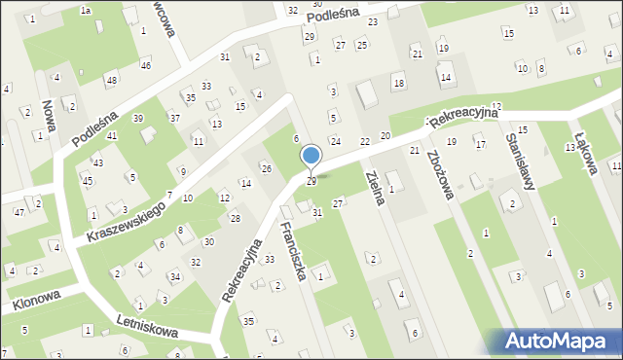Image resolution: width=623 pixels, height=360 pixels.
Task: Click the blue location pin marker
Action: (x=311, y=157)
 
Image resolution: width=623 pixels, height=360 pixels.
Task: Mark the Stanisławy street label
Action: (x=517, y=159)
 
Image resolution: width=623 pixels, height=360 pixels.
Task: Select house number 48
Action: (x=112, y=80)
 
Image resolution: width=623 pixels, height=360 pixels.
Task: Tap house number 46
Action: (x=145, y=65)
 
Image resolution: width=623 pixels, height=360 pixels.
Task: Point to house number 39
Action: (x=138, y=119)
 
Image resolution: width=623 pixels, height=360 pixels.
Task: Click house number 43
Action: (x=97, y=162)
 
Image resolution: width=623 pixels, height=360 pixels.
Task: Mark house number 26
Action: (x=266, y=169)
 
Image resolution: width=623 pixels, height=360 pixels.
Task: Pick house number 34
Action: (x=174, y=276)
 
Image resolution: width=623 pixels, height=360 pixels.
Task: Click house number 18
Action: (x=398, y=85)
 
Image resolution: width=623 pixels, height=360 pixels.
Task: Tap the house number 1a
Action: (x=86, y=10)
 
